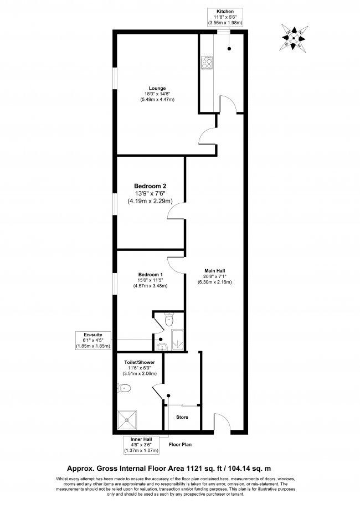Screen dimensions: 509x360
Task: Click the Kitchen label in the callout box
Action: pos(225,11)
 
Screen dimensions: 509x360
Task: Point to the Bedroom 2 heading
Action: pos(150,186)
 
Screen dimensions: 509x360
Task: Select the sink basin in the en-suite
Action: pos(160,347)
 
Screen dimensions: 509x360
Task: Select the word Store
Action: pos(182,417)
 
